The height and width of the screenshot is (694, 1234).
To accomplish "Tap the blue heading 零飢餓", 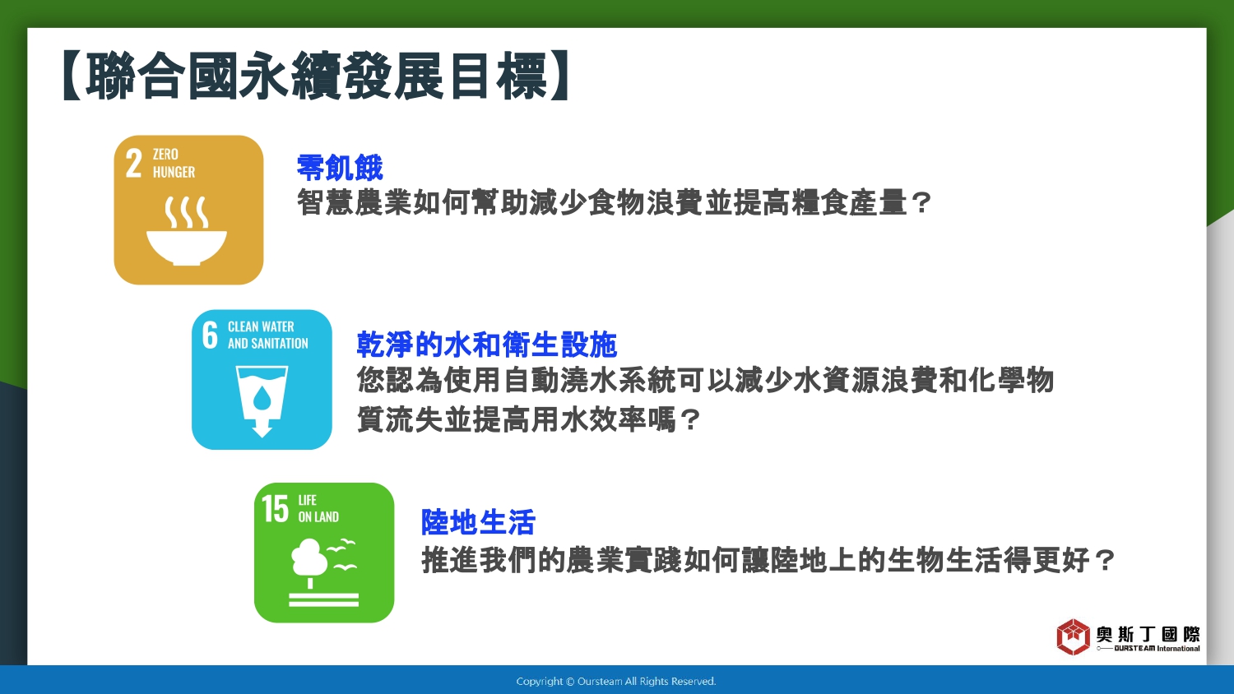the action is (x=339, y=168).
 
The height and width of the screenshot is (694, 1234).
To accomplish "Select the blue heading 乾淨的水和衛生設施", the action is (x=486, y=345).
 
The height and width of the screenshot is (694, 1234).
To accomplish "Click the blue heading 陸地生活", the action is (x=478, y=521).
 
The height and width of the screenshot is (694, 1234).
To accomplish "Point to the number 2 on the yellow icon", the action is (x=133, y=164).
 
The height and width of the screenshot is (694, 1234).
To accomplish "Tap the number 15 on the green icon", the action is (x=275, y=508).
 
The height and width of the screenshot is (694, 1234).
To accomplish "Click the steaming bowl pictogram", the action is (x=187, y=231).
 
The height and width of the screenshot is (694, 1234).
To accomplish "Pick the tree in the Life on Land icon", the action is (x=309, y=562).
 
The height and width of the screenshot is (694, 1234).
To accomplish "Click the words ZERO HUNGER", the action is (x=174, y=163).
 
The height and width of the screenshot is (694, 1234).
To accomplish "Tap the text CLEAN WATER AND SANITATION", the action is (x=267, y=335).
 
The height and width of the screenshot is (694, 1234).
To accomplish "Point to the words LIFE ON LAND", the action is (x=318, y=508).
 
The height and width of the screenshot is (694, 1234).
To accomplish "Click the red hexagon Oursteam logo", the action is (x=1073, y=636).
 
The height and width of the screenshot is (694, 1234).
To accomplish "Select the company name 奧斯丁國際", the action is (x=1148, y=634).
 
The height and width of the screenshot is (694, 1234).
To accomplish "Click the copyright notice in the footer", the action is (x=616, y=682).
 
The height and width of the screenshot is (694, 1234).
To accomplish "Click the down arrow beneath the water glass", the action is (x=262, y=428).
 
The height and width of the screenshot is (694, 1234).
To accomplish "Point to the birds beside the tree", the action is (x=343, y=555).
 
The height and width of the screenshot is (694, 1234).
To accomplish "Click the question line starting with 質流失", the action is (x=528, y=419).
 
